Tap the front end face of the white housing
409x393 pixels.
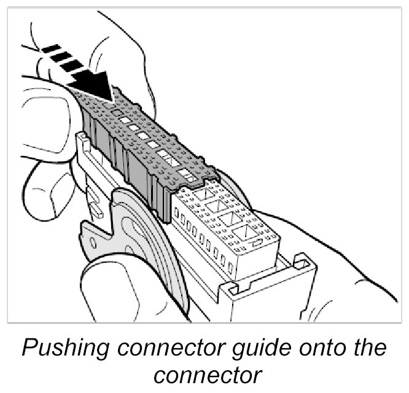(x=270, y=295)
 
